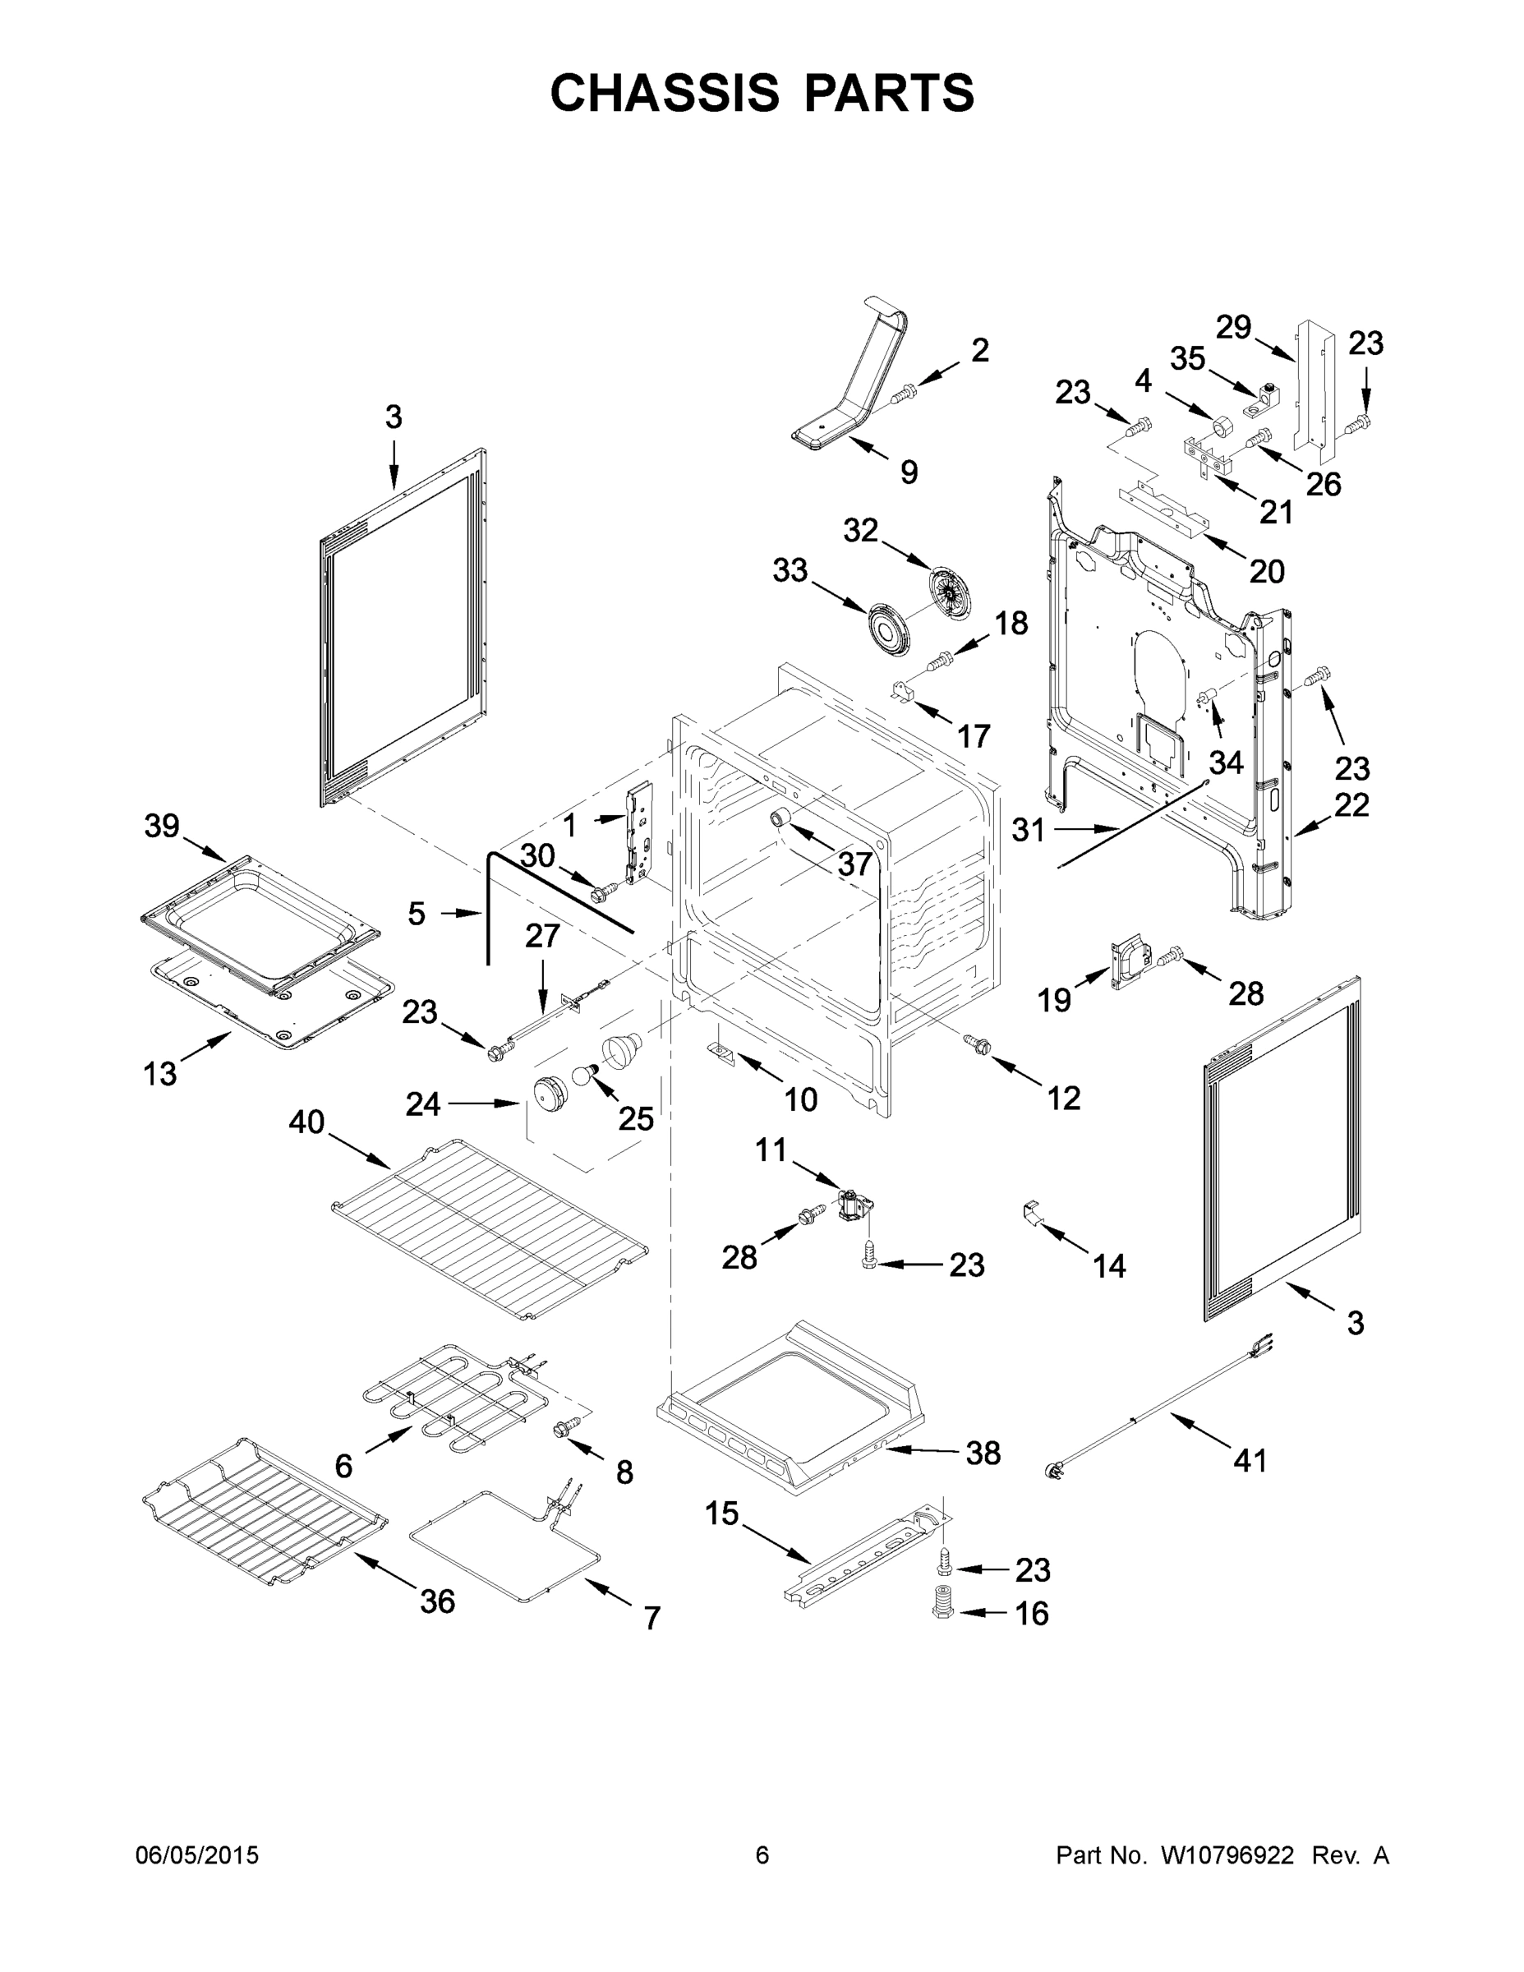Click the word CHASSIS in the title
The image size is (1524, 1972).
[x=664, y=92]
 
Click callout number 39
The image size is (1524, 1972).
[x=163, y=825]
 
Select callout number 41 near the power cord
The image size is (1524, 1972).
[x=1250, y=1459]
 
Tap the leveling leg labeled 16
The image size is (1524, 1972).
[x=942, y=1603]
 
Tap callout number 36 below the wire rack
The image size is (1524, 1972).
[x=438, y=1601]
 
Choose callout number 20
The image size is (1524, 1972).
[x=1267, y=571]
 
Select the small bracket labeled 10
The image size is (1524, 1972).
[x=721, y=1055]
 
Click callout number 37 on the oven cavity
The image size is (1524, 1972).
[x=854, y=864]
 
